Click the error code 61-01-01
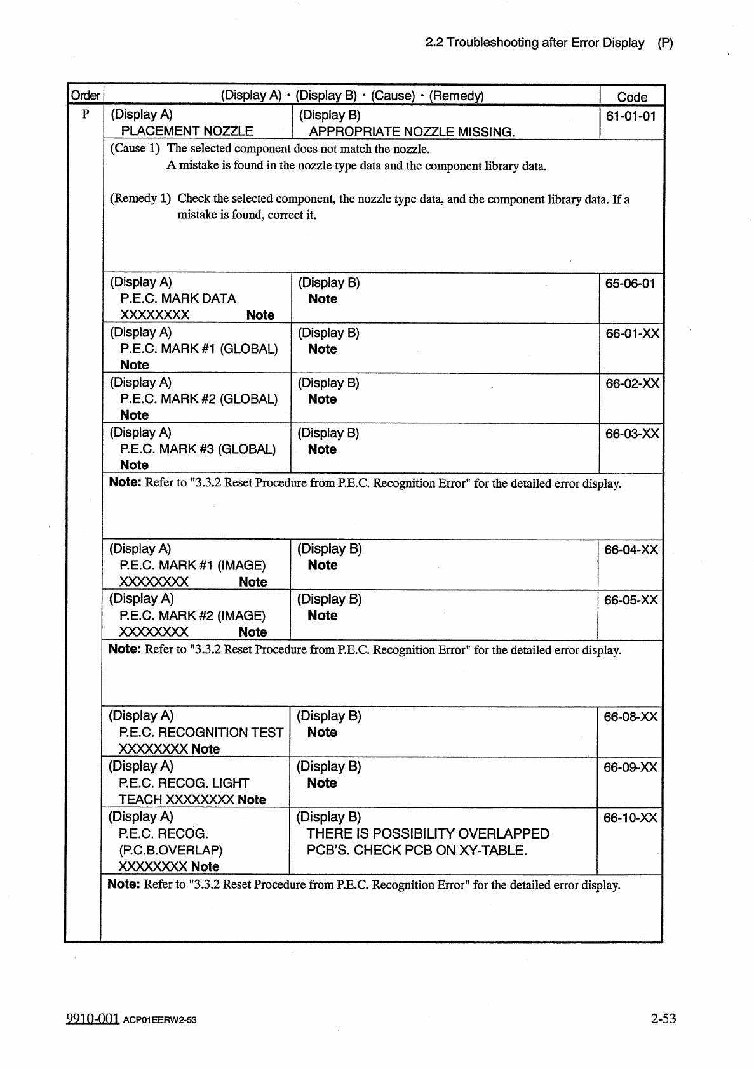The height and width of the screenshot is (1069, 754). point(630,116)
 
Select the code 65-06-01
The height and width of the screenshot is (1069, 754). point(630,283)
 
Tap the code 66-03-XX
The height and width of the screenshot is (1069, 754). point(632,434)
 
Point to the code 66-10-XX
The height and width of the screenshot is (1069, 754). point(630,818)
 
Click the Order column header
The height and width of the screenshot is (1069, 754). point(85,96)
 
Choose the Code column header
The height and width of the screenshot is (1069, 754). point(632,97)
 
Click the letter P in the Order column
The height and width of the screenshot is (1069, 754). point(85,115)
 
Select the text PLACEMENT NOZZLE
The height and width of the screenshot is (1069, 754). point(187,131)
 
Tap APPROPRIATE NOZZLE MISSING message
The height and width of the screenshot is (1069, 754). point(412,132)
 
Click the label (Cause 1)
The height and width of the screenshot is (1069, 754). point(135,149)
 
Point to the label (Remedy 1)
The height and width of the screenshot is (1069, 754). point(140,198)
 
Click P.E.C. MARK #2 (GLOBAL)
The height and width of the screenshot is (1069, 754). point(199,399)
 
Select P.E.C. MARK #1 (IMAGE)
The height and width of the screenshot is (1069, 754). point(192,565)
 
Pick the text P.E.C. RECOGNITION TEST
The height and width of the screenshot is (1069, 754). point(201,733)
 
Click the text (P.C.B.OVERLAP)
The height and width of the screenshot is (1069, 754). point(170,850)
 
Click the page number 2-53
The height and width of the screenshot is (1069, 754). point(663,1019)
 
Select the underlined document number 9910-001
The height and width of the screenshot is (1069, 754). point(93,1018)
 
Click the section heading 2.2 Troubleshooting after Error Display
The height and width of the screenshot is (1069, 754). point(535,43)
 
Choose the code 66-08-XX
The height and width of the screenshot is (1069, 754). point(630,717)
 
